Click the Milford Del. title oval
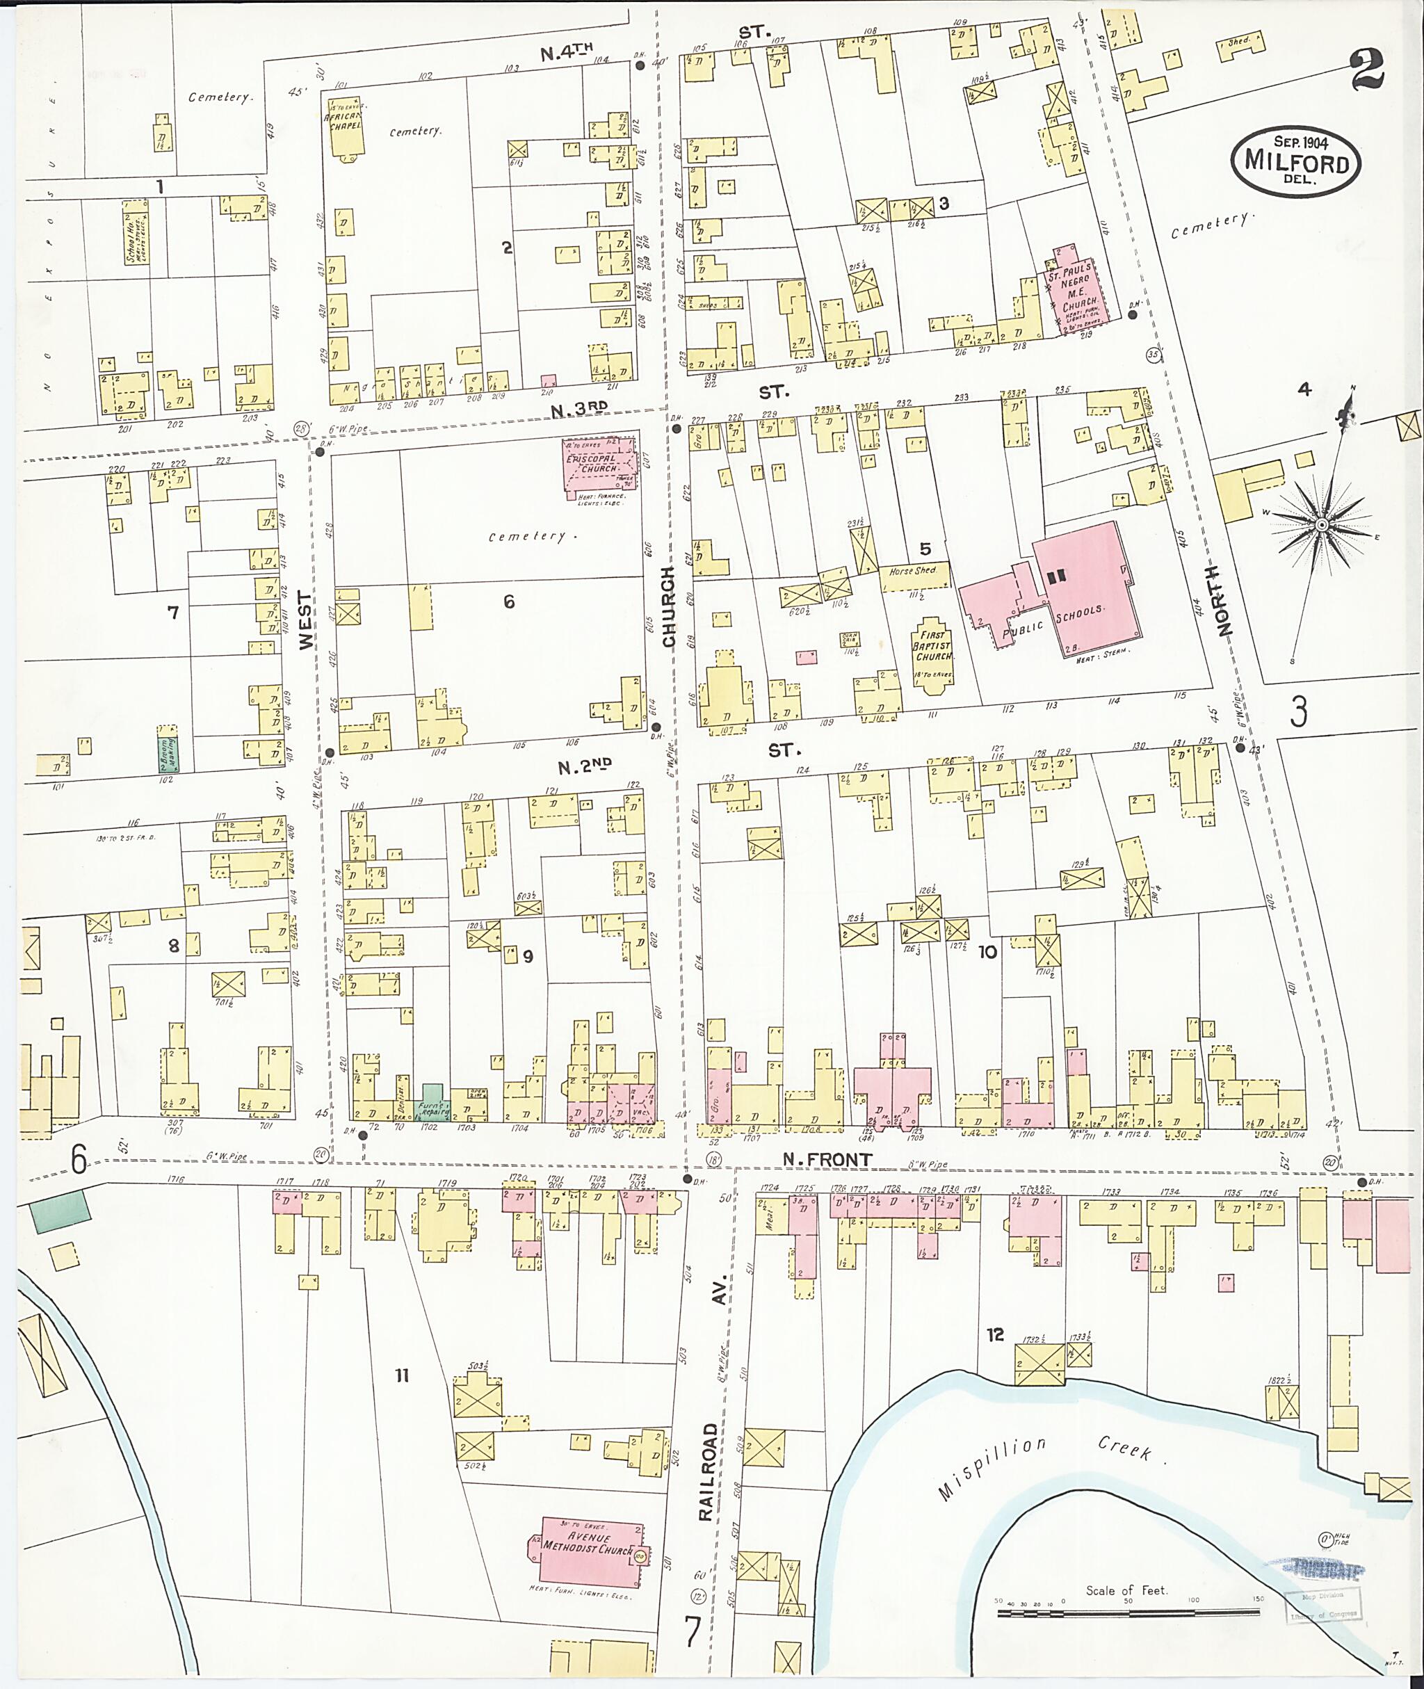[x=1295, y=161]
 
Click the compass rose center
[x=1322, y=526]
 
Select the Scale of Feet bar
[x=1128, y=1614]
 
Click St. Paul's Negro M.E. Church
[x=1077, y=291]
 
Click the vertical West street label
[x=305, y=620]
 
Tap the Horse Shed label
[x=912, y=571]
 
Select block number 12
[x=994, y=1334]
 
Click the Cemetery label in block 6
[x=526, y=536]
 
